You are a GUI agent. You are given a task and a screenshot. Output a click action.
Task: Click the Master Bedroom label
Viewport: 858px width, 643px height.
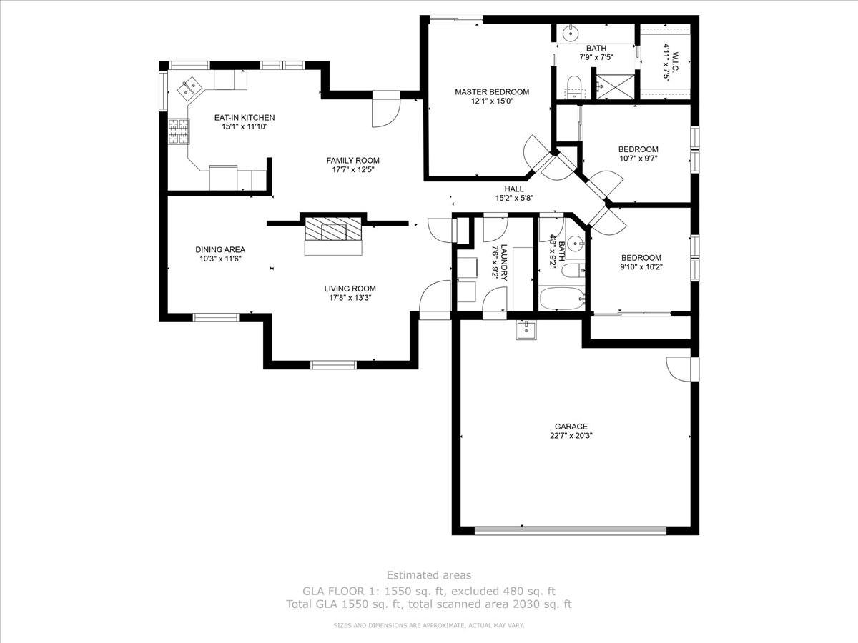coord(492,91)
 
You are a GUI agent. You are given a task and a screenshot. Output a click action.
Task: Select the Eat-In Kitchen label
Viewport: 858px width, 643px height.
coord(245,117)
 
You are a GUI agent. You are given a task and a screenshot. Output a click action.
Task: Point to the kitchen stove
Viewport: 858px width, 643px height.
coord(178,131)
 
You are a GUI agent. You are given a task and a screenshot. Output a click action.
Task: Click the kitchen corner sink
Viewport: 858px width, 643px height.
coord(189,88)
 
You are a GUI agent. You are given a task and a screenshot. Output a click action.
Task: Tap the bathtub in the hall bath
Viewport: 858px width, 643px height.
coord(561,299)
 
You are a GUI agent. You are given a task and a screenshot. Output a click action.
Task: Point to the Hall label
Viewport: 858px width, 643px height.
coord(514,189)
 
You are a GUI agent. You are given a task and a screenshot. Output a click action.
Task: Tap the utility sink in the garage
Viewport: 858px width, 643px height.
coord(526,330)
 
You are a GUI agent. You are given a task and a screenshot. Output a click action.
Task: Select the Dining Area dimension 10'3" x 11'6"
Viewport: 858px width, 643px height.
coord(220,259)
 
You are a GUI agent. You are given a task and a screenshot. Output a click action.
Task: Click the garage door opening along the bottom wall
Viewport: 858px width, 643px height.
coord(570,530)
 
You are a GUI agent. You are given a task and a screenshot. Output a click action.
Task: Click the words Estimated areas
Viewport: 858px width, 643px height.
coord(429,575)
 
